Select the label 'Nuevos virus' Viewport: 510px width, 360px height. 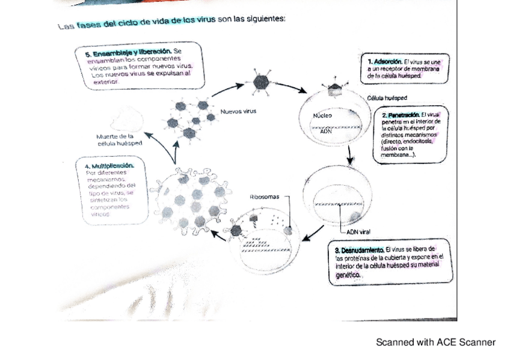(x=238, y=111)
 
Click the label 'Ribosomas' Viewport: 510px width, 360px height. (x=263, y=197)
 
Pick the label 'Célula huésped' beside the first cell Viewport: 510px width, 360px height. (x=387, y=97)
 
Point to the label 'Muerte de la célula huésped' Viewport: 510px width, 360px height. (x=119, y=140)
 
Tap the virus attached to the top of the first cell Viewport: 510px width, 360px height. (x=334, y=90)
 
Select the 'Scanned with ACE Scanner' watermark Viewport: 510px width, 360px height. (x=435, y=343)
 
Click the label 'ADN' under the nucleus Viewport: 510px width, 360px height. (x=325, y=131)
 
